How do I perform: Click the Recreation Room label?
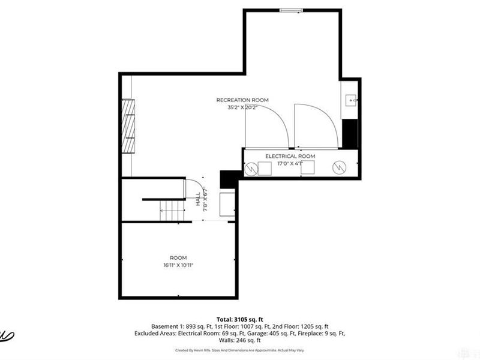click(x=242, y=100)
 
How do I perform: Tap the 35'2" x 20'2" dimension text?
click(x=242, y=108)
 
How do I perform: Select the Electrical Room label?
click(x=290, y=156)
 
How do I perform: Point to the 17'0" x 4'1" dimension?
click(x=290, y=163)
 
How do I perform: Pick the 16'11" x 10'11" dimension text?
click(x=178, y=265)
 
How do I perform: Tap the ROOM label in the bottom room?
click(x=178, y=257)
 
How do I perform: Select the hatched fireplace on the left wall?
click(x=128, y=128)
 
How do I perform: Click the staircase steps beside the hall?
click(x=173, y=210)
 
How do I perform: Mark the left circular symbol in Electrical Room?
click(x=250, y=169)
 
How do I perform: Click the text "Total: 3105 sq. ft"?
click(x=240, y=319)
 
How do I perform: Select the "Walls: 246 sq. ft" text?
click(x=240, y=340)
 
